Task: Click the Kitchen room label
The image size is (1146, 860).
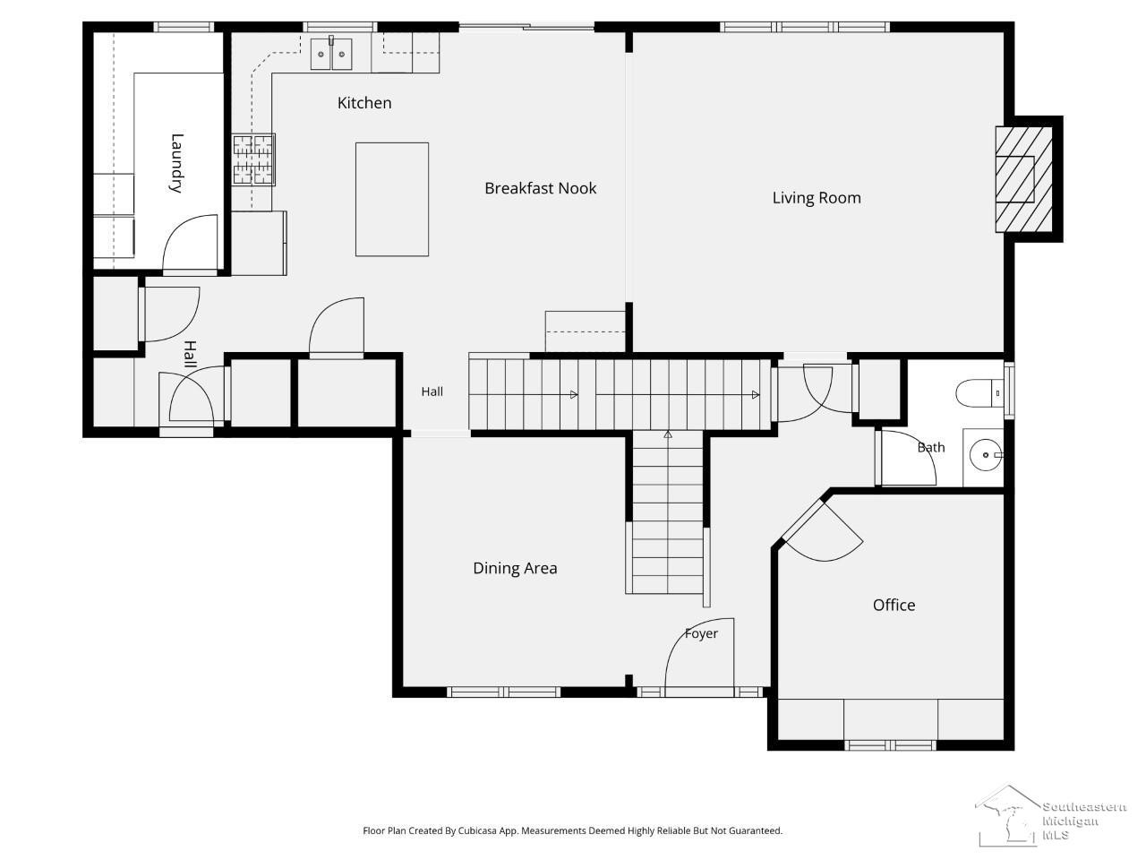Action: coord(363,103)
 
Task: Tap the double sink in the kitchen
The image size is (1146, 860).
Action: coord(331,54)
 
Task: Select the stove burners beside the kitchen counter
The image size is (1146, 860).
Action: coord(253,159)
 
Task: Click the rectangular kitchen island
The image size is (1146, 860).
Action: coord(391,200)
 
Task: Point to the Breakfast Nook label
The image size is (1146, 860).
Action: coord(541,188)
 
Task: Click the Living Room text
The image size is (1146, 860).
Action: coord(817,198)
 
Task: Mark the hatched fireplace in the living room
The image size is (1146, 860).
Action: coord(1023,179)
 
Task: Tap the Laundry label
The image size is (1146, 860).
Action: coord(177,163)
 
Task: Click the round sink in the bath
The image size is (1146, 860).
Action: coord(986,455)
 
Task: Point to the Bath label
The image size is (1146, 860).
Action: coord(931,448)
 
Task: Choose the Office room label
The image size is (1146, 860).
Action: coord(894,606)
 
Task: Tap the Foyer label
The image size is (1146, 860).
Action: coord(701,634)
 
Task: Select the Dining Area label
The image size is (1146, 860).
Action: coord(515,568)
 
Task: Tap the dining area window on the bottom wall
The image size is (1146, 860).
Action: coord(504,692)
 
